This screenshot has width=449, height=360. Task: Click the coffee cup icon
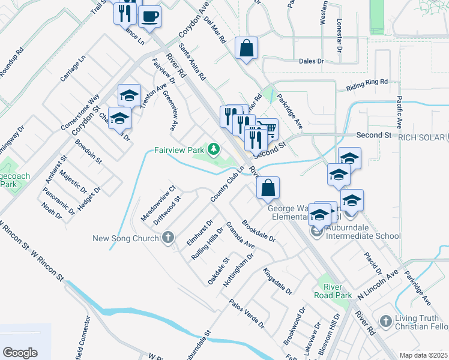pyautogui.click(x=149, y=16)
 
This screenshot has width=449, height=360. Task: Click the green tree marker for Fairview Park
pyautogui.click(x=213, y=148)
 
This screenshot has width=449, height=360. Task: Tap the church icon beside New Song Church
pyautogui.click(x=168, y=238)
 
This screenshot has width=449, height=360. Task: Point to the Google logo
pyautogui.click(x=20, y=353)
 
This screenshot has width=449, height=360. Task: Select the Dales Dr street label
pyautogui.click(x=311, y=61)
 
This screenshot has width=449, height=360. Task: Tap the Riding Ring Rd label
pyautogui.click(x=367, y=85)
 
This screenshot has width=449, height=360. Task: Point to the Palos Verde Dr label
pyautogui.click(x=246, y=313)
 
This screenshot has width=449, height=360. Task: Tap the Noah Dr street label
pyautogui.click(x=52, y=210)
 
